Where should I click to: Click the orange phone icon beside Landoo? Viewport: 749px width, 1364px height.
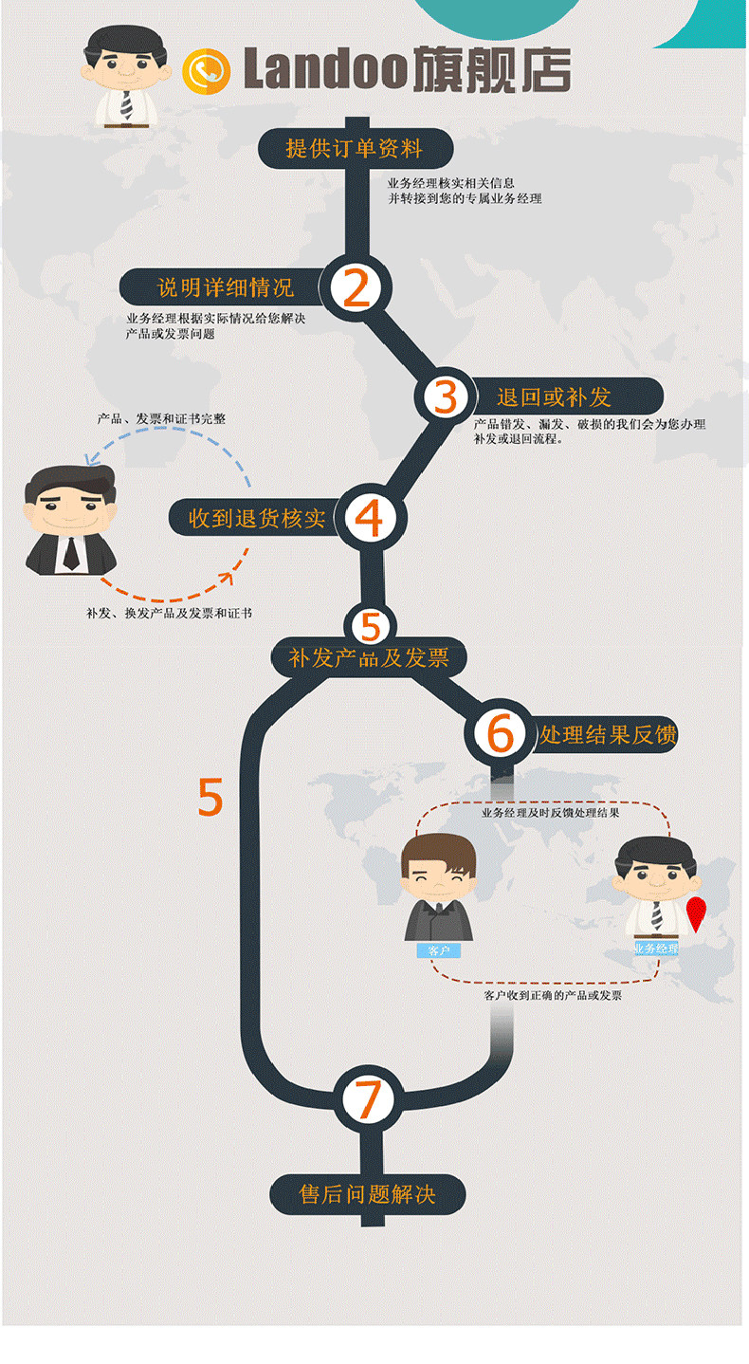(x=208, y=72)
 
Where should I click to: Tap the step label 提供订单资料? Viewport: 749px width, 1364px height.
(x=355, y=149)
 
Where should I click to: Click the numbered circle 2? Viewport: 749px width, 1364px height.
(x=356, y=288)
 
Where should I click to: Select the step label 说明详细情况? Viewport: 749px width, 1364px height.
(x=225, y=286)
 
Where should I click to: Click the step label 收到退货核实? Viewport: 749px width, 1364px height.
(x=257, y=518)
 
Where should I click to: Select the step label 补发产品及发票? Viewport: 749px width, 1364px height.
(x=369, y=657)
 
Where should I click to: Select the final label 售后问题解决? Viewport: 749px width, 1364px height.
(x=368, y=1193)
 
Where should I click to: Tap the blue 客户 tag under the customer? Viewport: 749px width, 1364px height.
(x=438, y=949)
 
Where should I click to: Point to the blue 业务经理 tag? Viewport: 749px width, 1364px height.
(x=656, y=948)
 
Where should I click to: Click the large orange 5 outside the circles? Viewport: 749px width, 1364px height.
(x=210, y=798)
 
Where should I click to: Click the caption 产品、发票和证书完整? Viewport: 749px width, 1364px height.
(x=161, y=417)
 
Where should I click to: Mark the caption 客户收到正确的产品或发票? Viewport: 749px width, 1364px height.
(x=553, y=995)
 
